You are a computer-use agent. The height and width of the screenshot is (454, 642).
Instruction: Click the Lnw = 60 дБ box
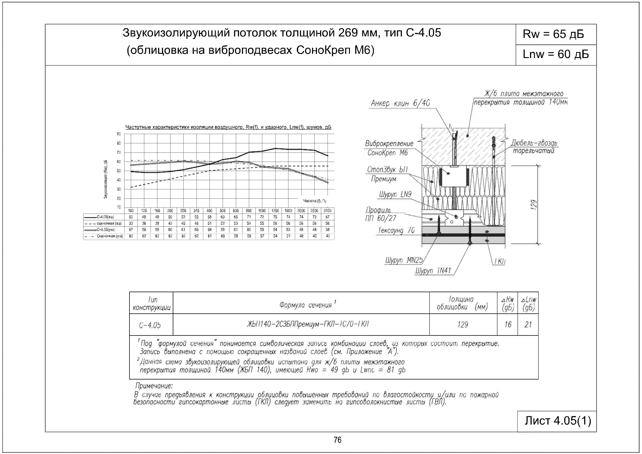coord(555,54)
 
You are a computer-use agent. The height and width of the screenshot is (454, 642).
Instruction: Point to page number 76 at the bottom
coord(337,440)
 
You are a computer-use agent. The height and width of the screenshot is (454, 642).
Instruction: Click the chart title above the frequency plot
coord(228,127)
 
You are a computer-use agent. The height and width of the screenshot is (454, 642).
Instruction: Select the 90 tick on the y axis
coord(119,134)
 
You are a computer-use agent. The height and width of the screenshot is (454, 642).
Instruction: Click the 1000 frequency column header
coord(262,211)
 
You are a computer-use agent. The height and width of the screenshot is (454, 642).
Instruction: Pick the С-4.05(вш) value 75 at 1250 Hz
coord(275,217)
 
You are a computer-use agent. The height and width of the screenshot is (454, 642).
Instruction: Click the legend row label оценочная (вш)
coord(109,223)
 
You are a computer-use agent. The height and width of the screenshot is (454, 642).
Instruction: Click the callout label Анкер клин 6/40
coord(400,103)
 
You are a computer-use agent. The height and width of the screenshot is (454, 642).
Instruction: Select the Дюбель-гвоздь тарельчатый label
coord(534,147)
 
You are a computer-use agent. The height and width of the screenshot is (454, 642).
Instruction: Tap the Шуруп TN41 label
coord(433,271)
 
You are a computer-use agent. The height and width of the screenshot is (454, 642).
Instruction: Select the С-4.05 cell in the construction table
coord(150,325)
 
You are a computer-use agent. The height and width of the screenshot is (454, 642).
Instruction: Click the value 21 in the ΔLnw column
coord(528,325)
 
